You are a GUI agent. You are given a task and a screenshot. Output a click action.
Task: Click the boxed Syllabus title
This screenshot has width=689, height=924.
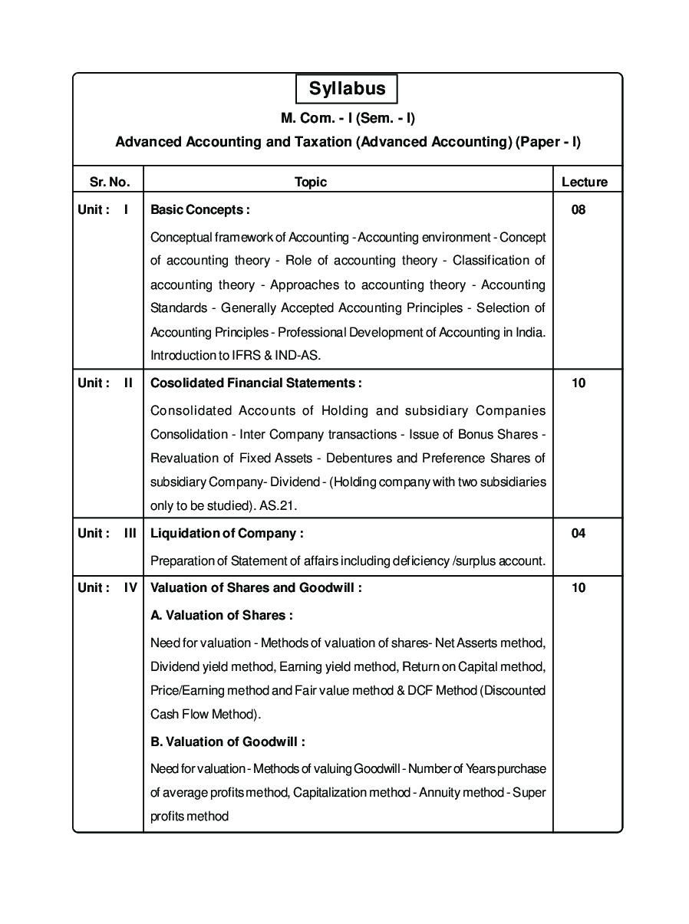347,89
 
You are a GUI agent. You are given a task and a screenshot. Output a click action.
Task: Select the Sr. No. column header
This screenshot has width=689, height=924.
110,182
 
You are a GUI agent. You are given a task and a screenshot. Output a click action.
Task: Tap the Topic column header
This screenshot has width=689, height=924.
311,182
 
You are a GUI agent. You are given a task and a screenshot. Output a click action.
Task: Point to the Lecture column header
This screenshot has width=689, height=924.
585,182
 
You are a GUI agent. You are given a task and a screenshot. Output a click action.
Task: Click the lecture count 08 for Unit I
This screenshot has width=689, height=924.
579,209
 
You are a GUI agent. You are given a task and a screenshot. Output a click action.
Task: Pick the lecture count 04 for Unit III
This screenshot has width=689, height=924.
579,533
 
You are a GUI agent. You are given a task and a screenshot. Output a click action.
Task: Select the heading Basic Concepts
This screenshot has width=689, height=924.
200,209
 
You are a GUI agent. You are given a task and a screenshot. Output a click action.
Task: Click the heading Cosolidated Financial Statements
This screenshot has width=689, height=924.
256,383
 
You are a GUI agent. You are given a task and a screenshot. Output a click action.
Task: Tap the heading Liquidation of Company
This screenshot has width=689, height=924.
227,533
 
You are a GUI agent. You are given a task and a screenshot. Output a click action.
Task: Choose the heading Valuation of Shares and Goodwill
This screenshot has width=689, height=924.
256,587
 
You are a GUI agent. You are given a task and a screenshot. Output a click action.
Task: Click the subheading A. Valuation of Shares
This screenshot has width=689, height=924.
222,615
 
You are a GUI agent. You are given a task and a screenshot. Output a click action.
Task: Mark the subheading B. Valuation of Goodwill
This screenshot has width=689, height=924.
228,742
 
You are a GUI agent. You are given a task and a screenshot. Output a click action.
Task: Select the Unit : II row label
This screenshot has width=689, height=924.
106,383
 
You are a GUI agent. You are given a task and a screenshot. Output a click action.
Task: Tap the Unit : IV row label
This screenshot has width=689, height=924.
107,587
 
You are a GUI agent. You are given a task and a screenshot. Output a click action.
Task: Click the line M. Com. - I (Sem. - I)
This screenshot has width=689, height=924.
348,118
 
